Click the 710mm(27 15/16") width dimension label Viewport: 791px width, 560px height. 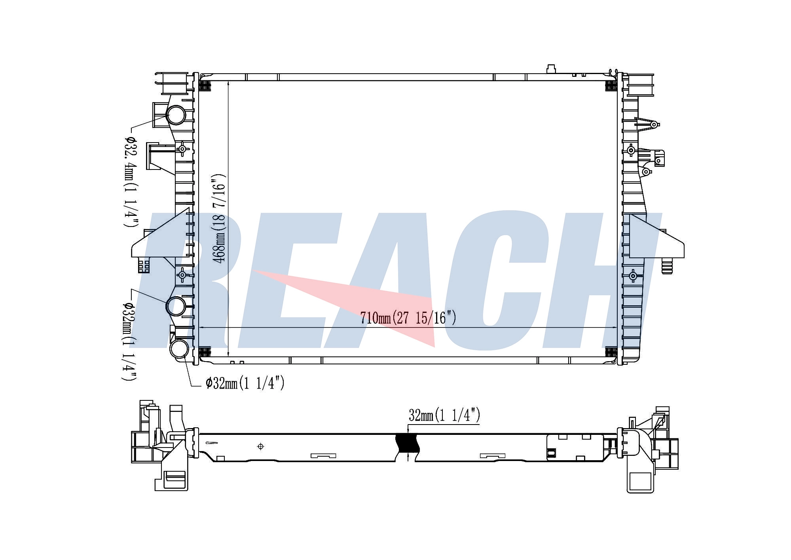(408, 318)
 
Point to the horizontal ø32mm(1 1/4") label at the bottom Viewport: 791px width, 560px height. (245, 383)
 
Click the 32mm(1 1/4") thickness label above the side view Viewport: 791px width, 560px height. (444, 415)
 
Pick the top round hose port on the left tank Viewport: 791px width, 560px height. (176, 115)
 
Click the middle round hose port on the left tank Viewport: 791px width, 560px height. (176, 306)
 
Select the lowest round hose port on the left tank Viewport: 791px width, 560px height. (180, 349)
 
